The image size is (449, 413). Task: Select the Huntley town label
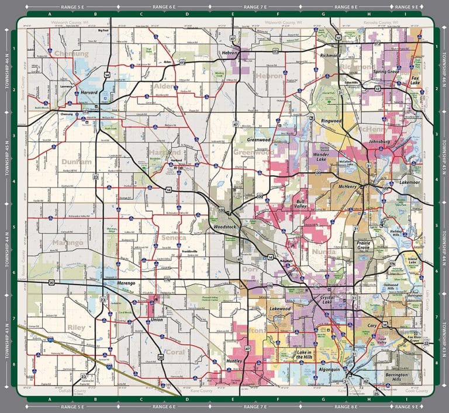[x=234, y=362]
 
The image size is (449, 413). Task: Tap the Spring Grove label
[x=386, y=71]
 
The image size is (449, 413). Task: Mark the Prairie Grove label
[x=364, y=245]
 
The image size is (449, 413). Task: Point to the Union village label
[x=157, y=320]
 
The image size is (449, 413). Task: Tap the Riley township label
[x=76, y=328]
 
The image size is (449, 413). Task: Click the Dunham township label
[x=77, y=161]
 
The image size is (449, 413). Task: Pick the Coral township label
[x=174, y=352]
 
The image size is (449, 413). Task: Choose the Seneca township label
[x=174, y=238]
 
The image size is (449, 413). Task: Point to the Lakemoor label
[x=410, y=183]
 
